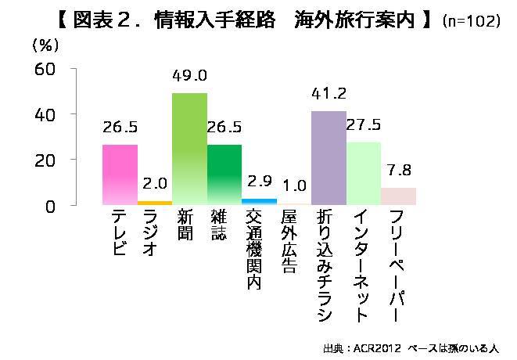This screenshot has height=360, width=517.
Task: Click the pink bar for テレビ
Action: click(x=120, y=175)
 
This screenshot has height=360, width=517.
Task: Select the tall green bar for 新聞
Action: click(x=189, y=149)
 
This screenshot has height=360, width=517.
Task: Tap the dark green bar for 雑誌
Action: click(x=224, y=175)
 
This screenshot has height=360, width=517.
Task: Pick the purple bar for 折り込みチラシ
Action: click(x=329, y=158)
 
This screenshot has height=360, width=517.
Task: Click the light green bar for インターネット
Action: click(x=364, y=173)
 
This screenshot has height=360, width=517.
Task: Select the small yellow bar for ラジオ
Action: click(x=155, y=203)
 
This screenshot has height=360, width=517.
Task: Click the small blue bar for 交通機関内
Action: click(x=259, y=202)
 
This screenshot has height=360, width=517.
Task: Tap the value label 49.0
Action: click(x=190, y=77)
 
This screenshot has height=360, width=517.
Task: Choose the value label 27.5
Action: click(x=364, y=126)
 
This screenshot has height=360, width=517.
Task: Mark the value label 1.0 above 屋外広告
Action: click(x=294, y=187)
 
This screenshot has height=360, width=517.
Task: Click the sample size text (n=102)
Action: click(x=471, y=22)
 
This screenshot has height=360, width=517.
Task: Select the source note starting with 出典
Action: click(x=411, y=347)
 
